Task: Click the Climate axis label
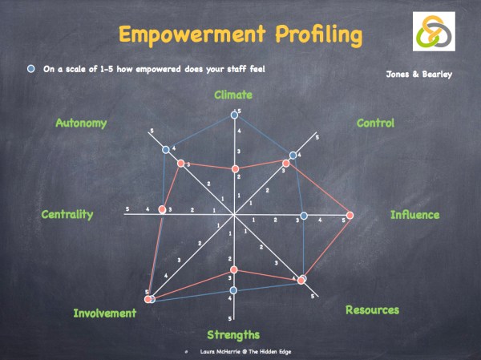[233, 95]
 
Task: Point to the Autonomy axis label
[81, 123]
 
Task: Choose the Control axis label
[375, 123]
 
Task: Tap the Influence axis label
[414, 214]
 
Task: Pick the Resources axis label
[372, 309]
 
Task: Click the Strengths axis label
[233, 334]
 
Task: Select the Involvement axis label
[105, 313]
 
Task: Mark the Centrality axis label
[67, 214]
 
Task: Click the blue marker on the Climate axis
[235, 115]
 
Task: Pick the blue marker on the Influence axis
[304, 215]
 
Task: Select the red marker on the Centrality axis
[163, 209]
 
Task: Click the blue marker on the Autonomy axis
[166, 150]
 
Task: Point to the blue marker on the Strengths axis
[233, 289]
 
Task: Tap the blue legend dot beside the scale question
[30, 69]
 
